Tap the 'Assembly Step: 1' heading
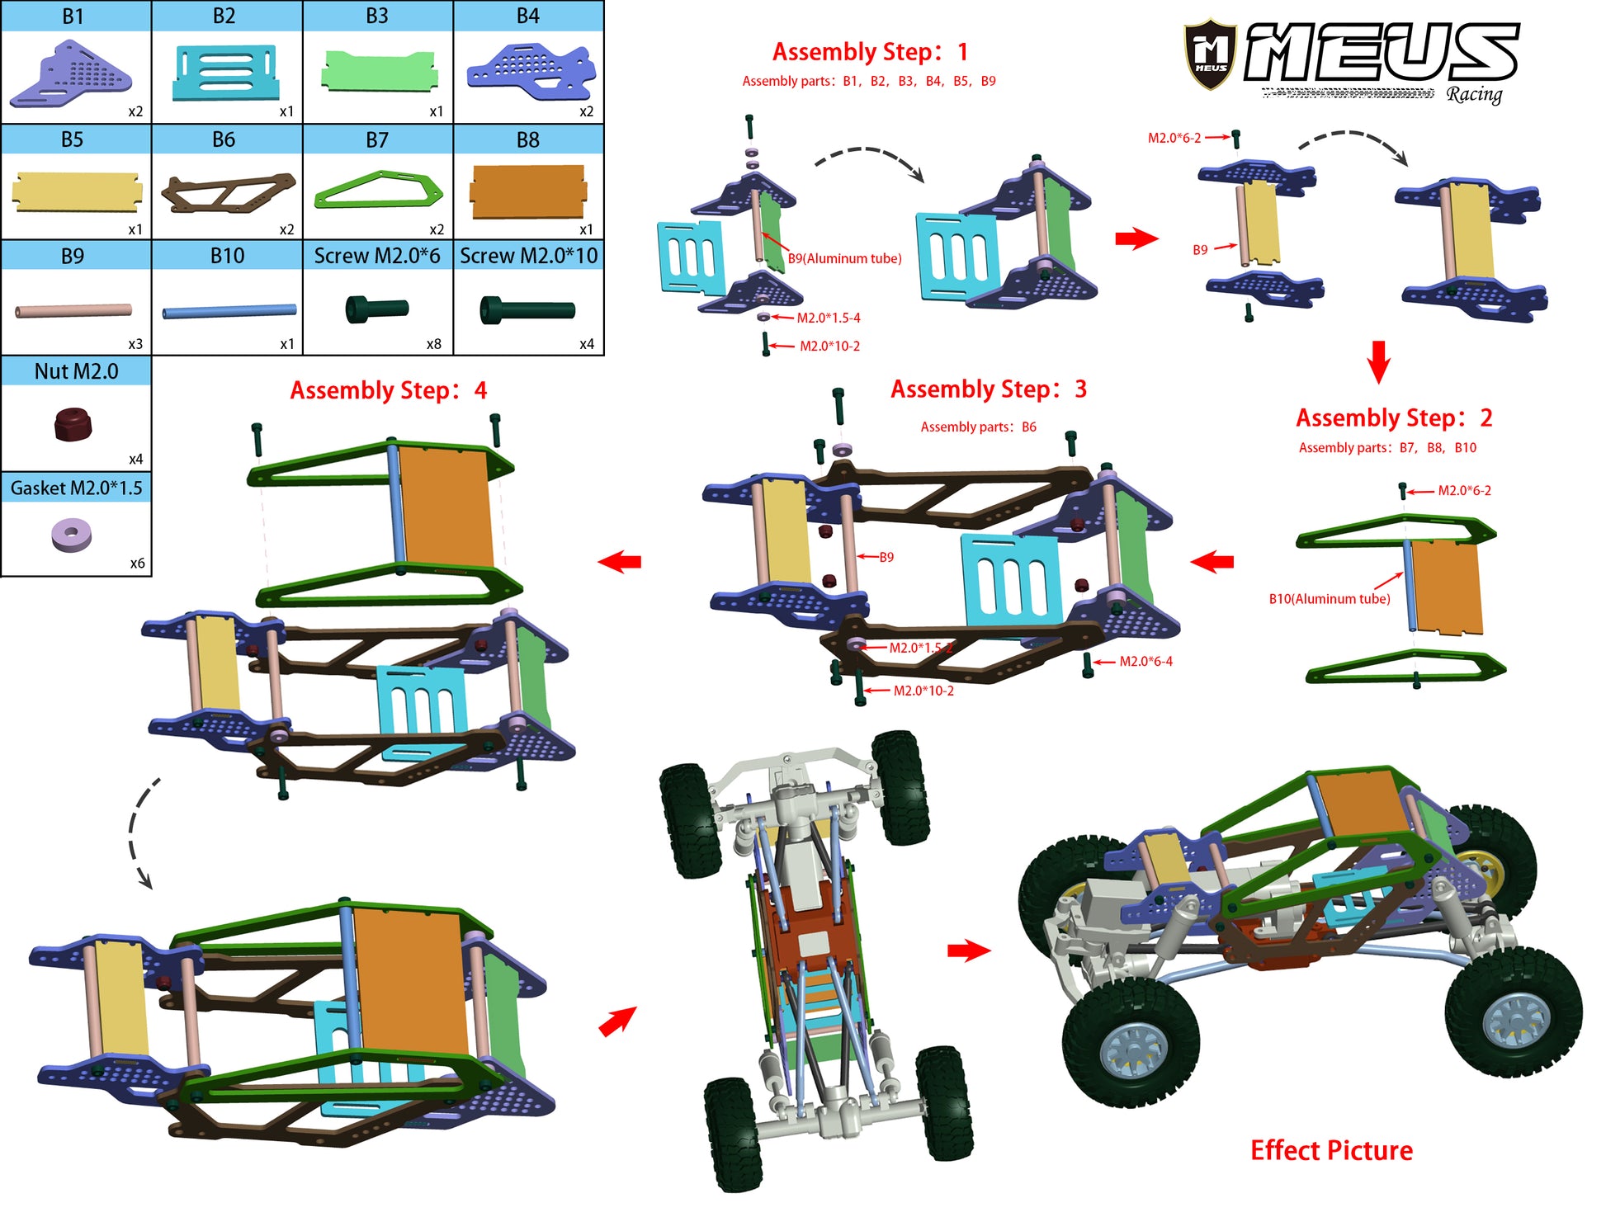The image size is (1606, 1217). [870, 52]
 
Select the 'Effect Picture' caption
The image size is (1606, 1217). [1330, 1149]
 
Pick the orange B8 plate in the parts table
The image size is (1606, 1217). [527, 191]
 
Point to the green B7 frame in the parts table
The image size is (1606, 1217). [378, 191]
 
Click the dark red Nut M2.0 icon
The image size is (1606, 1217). [73, 424]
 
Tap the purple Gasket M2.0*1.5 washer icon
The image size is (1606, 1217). [72, 534]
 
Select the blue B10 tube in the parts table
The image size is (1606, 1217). [229, 311]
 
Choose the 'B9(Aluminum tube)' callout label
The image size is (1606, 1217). [844, 258]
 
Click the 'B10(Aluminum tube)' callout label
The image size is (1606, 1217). [1329, 599]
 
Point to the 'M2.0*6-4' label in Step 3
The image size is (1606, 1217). [1145, 661]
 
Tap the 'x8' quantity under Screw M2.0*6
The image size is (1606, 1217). [433, 344]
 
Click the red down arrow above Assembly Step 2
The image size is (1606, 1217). [1379, 361]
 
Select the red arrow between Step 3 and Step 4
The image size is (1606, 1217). [620, 562]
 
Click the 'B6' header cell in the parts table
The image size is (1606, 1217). [224, 139]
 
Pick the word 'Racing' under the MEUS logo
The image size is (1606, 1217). [1474, 94]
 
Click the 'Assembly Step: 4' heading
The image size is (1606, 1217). [388, 390]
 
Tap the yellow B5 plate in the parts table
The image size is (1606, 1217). [76, 191]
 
